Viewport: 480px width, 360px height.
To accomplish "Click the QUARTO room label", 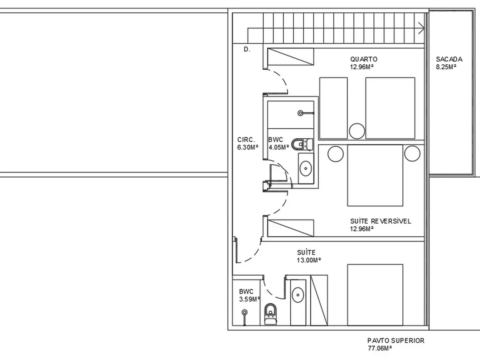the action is coord(364,59).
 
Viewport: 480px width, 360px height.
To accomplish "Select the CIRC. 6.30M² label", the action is coord(248,143).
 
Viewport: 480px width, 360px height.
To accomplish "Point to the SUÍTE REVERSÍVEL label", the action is coord(380,221).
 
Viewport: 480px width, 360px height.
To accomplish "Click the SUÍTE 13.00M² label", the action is coord(309,256).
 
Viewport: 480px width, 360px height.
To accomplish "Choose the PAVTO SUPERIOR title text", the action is coord(396,340).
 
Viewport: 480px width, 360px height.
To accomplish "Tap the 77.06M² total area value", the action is coord(380,348).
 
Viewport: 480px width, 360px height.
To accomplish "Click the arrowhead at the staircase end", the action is coord(421,28).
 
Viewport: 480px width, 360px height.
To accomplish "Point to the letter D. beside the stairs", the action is coord(247,49).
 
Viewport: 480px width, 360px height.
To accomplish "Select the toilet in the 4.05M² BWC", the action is coord(302,144).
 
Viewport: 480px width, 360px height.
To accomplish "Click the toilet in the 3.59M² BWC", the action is coord(270,314).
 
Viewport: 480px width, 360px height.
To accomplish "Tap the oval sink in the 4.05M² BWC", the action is coord(306,168).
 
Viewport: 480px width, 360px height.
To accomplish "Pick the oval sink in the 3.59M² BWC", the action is coord(298,295).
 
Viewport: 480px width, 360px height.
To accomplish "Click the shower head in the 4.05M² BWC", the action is coord(300,113).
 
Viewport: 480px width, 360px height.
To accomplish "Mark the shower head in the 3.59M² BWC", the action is coord(245,312).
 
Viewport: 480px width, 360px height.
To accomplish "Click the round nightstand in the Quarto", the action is coord(357,131).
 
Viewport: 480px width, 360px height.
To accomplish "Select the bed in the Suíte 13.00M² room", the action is coord(375,295).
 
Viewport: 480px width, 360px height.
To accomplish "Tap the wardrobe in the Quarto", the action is coord(291,57).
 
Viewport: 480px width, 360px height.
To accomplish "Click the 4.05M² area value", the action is coord(279,147).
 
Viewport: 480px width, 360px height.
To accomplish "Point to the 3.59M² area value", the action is coord(249,299).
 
